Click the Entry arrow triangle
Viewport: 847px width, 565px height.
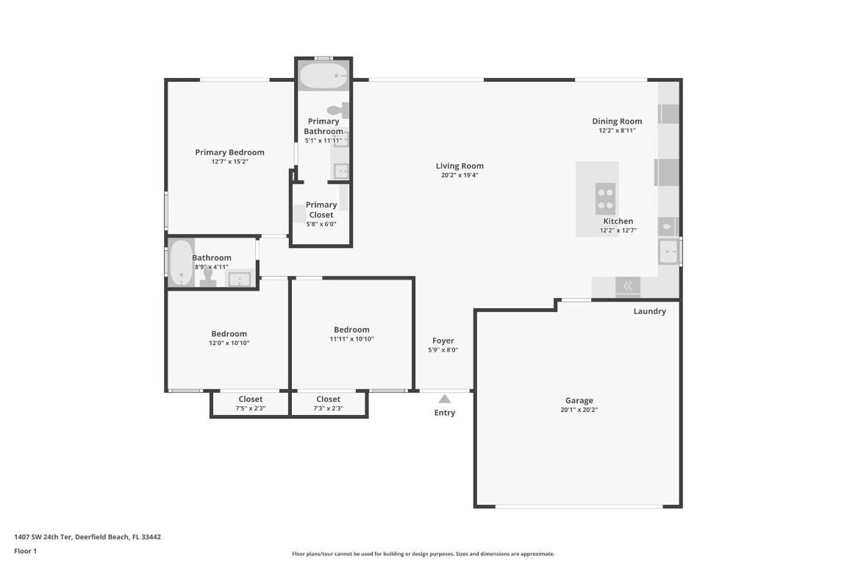pyautogui.click(x=444, y=399)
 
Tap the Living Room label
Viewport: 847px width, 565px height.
pyautogui.click(x=460, y=166)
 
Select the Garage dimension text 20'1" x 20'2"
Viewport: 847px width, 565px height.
pyautogui.click(x=579, y=410)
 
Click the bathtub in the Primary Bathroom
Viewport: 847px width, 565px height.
pyautogui.click(x=324, y=75)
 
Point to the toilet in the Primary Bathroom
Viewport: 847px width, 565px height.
pyautogui.click(x=337, y=110)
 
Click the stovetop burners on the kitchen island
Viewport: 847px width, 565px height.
pyautogui.click(x=605, y=197)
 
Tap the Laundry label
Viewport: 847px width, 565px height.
pyautogui.click(x=649, y=311)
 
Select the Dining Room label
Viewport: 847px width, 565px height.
pyautogui.click(x=617, y=121)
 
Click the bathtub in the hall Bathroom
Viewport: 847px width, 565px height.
pyautogui.click(x=180, y=262)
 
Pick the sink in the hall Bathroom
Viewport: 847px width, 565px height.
pyautogui.click(x=239, y=279)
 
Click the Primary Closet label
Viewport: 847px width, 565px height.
pyautogui.click(x=321, y=210)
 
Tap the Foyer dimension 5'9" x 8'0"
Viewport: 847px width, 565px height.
pyautogui.click(x=443, y=350)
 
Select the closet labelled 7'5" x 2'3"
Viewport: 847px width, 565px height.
pyautogui.click(x=250, y=404)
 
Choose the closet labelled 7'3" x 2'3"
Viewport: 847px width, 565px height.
pyautogui.click(x=328, y=404)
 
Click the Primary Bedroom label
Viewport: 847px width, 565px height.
pyautogui.click(x=229, y=152)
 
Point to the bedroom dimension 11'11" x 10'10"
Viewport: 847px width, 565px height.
pyautogui.click(x=351, y=339)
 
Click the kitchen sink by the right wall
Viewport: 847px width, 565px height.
pyautogui.click(x=668, y=252)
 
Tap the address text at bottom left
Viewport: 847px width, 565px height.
pyautogui.click(x=87, y=537)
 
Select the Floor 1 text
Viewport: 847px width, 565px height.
pyautogui.click(x=25, y=551)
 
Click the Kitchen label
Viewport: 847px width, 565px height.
pyautogui.click(x=618, y=221)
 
